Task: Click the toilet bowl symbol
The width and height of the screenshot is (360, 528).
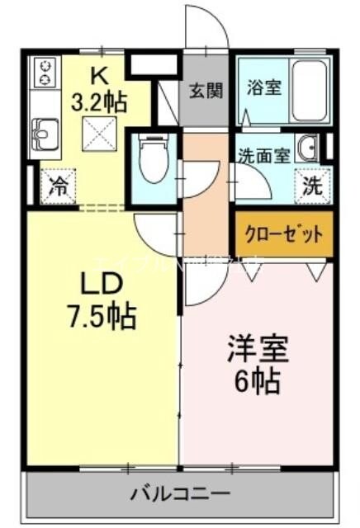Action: (x=153, y=161)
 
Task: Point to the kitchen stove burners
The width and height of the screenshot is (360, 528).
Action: (x=43, y=72)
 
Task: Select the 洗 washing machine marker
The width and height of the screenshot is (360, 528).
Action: (x=312, y=186)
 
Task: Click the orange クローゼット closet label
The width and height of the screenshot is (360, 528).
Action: (x=283, y=233)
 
